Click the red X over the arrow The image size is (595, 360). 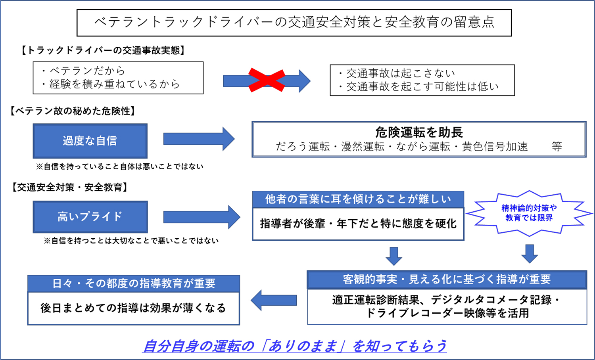click(x=267, y=80)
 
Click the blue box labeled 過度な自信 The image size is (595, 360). click(x=90, y=141)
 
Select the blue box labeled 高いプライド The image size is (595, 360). click(x=90, y=216)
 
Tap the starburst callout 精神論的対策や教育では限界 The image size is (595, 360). click(x=529, y=213)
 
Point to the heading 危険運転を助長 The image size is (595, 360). click(x=419, y=132)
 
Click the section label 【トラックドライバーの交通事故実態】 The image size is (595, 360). click(x=103, y=50)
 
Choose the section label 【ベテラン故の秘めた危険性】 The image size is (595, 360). click(x=73, y=111)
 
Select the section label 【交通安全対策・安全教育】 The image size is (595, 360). click(x=69, y=188)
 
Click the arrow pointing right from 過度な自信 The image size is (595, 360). click(x=199, y=139)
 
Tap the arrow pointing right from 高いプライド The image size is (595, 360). click(x=202, y=217)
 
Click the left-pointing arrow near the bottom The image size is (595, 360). click(x=274, y=300)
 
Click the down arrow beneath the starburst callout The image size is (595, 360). click(x=530, y=254)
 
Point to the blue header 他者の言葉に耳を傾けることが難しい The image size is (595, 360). click(x=358, y=199)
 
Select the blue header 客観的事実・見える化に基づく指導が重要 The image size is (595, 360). click(x=447, y=280)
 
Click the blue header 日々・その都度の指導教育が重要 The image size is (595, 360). click(x=134, y=283)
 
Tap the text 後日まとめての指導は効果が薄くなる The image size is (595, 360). click(x=133, y=308)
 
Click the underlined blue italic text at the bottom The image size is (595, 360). click(x=295, y=346)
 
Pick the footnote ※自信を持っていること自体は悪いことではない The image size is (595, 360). click(x=120, y=167)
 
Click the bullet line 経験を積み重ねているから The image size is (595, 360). click(x=111, y=84)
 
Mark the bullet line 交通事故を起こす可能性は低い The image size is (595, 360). click(x=419, y=86)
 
